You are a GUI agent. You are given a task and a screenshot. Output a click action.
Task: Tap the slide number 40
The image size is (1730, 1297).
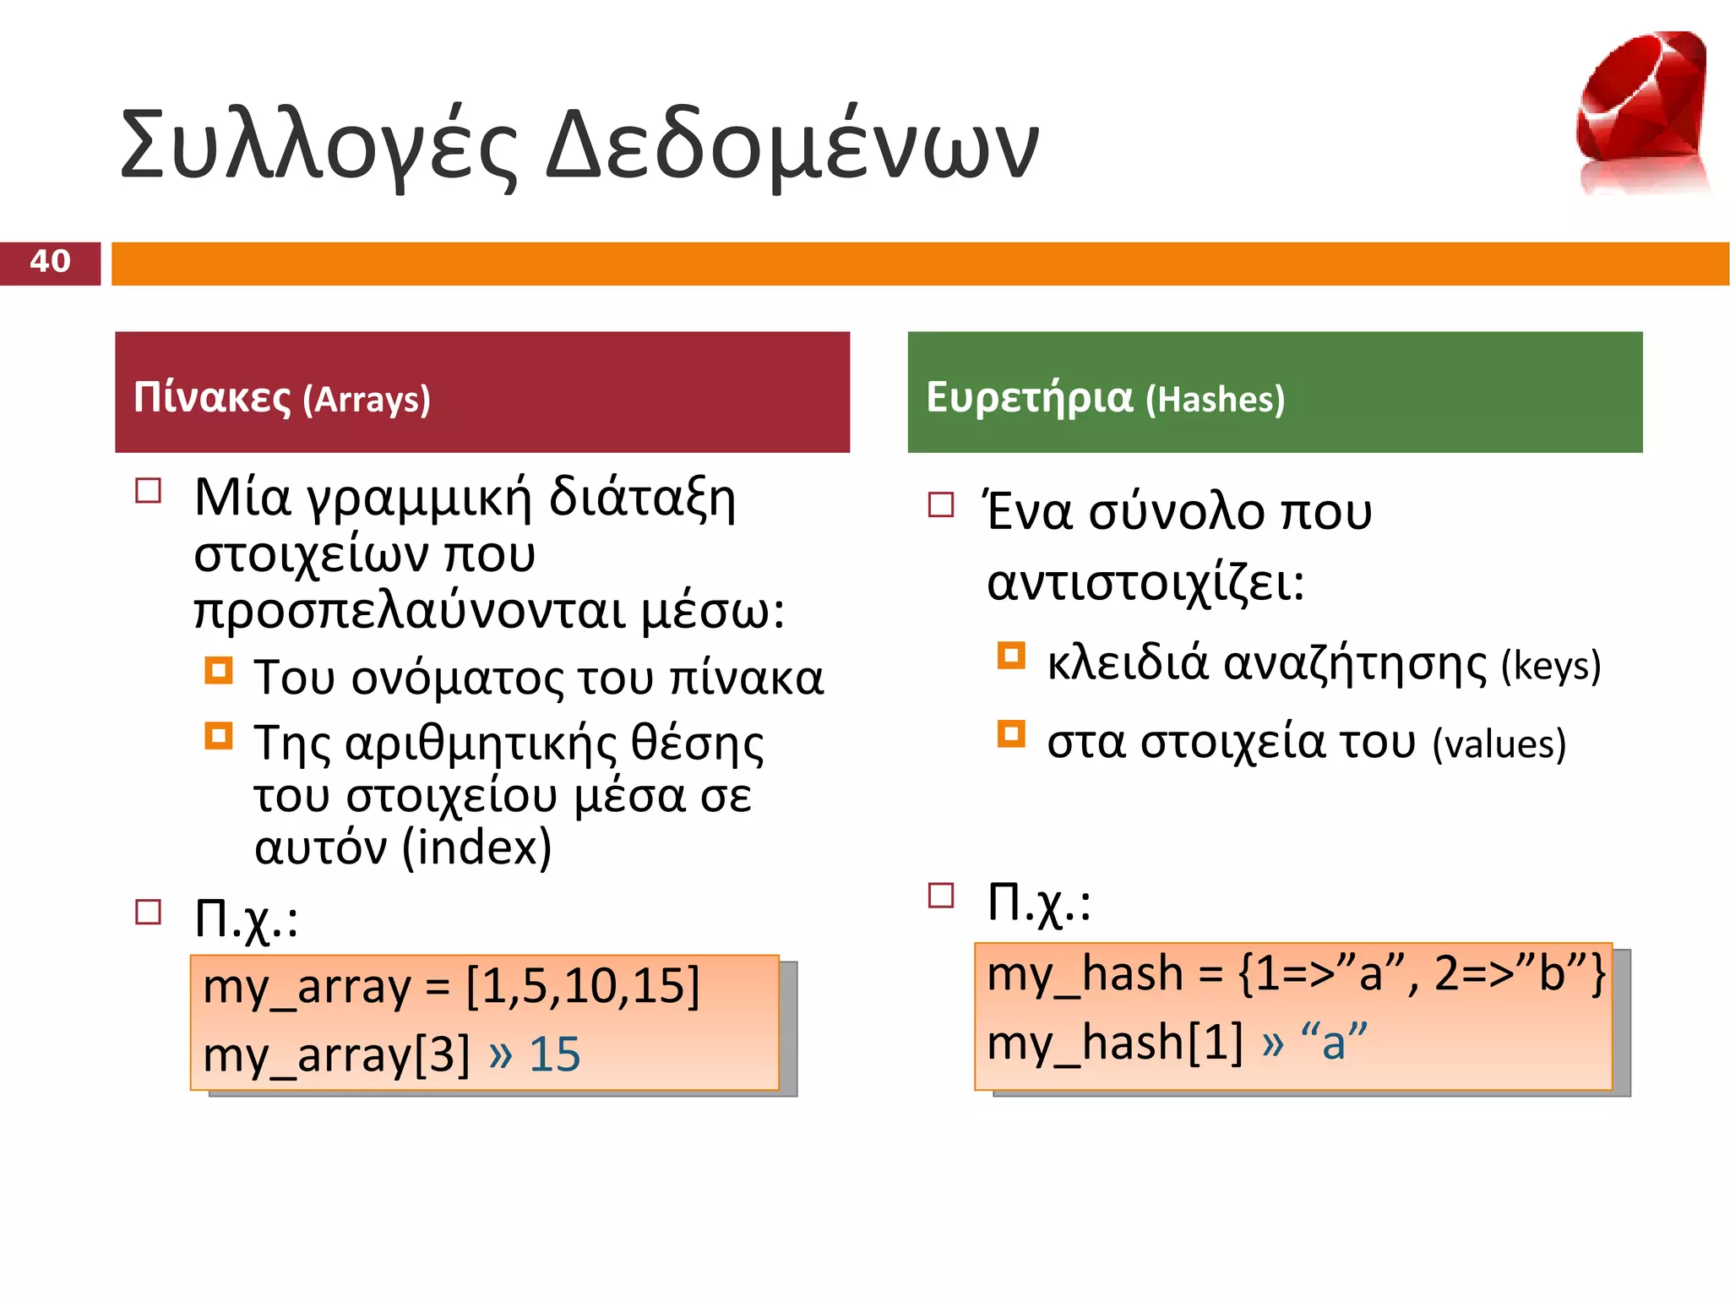click(x=50, y=261)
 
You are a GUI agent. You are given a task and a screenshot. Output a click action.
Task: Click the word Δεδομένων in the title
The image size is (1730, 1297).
click(x=792, y=146)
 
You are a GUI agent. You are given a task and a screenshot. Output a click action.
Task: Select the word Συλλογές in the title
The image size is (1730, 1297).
click(x=318, y=146)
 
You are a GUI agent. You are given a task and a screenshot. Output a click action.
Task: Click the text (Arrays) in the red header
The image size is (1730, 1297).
click(x=367, y=400)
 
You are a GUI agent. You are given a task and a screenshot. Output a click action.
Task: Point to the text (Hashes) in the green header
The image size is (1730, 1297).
click(x=1215, y=400)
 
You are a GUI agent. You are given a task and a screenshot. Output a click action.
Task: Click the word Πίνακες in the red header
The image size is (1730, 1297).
click(x=212, y=397)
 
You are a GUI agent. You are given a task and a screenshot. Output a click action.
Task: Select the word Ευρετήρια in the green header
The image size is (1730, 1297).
click(x=1028, y=397)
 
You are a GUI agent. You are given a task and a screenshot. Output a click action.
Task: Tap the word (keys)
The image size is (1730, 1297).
click(x=1551, y=666)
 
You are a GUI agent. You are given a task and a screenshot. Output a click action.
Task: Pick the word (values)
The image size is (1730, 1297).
click(x=1499, y=744)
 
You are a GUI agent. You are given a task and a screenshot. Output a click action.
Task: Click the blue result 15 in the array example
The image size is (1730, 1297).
click(x=554, y=1054)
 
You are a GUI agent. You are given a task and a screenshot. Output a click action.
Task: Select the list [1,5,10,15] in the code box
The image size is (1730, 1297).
click(x=583, y=986)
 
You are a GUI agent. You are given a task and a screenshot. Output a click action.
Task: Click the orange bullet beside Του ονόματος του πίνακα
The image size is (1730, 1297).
click(x=219, y=671)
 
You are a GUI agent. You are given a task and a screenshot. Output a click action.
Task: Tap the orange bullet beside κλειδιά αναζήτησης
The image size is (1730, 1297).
click(x=1011, y=656)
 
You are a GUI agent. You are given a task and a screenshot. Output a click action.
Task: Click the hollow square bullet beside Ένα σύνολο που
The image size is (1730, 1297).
click(x=941, y=504)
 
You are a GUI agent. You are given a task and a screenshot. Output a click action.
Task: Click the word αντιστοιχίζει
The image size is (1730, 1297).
click(x=1145, y=583)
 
